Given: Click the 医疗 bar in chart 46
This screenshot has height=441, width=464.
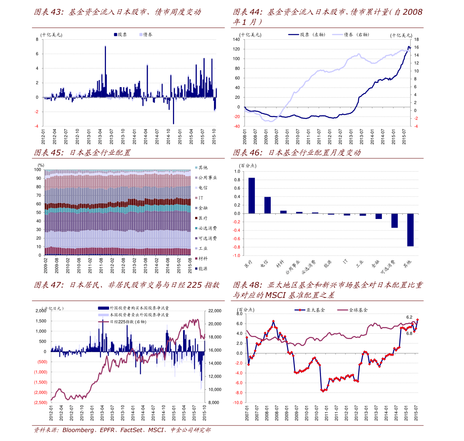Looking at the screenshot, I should point(252,196).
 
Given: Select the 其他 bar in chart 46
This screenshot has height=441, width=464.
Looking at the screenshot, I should point(410,230).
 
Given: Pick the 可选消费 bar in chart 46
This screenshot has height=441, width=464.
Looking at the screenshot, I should point(394,220).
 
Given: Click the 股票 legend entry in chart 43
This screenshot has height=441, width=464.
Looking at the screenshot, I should point(120,35).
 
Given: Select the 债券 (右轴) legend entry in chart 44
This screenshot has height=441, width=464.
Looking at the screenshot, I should point(351,35).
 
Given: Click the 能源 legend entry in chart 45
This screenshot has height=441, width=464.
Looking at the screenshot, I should point(203,269).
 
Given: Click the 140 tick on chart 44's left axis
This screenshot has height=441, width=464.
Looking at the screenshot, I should point(236,40).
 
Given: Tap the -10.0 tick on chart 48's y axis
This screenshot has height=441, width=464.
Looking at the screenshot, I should point(238,402).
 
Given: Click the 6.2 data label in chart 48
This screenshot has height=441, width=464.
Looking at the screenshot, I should point(409,317).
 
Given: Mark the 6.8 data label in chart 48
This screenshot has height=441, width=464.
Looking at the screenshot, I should point(409,333).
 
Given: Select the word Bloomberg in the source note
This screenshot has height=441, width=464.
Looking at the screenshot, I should point(78,430).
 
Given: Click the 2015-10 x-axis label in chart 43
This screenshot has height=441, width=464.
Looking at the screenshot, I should point(214,137).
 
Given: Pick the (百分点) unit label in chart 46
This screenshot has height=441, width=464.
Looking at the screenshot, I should point(248,166).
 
